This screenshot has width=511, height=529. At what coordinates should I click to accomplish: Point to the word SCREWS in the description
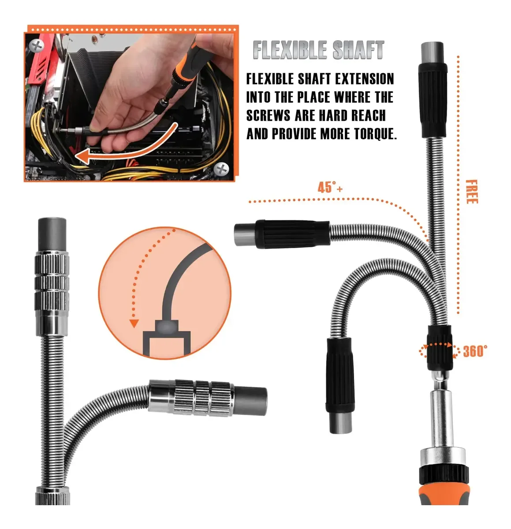268,115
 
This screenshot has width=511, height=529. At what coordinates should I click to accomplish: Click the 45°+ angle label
330,187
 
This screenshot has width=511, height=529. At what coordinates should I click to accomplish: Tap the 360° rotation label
475,351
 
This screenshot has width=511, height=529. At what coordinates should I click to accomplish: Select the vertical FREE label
472,192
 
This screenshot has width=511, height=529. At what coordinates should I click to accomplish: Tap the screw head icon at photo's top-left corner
37,45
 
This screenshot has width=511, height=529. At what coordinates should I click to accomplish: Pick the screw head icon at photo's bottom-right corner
221,169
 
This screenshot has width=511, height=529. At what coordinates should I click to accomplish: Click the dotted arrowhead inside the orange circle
134,323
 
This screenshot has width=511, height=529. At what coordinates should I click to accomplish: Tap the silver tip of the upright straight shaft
433,53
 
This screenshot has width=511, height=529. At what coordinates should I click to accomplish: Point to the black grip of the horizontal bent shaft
293,234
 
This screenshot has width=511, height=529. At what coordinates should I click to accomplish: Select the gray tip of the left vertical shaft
52,235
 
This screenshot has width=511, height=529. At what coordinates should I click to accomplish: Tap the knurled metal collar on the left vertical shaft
52,283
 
